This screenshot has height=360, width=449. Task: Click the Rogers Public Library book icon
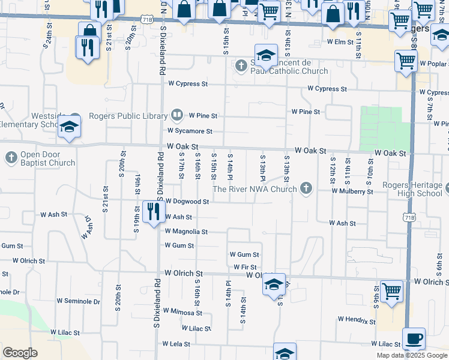point(177,113)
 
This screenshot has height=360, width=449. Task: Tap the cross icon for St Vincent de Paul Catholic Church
point(241,65)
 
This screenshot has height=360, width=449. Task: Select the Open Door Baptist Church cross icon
point(11,158)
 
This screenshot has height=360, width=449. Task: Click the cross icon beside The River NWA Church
point(306,189)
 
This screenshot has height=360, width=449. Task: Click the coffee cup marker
point(414,338)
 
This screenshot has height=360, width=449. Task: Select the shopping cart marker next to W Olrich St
point(391,291)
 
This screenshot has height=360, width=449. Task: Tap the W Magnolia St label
point(185,232)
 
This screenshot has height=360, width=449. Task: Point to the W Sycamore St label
point(190,131)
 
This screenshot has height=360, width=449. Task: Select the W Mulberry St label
point(353,191)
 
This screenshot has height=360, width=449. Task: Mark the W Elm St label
point(340,42)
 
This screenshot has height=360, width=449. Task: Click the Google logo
point(20,353)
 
